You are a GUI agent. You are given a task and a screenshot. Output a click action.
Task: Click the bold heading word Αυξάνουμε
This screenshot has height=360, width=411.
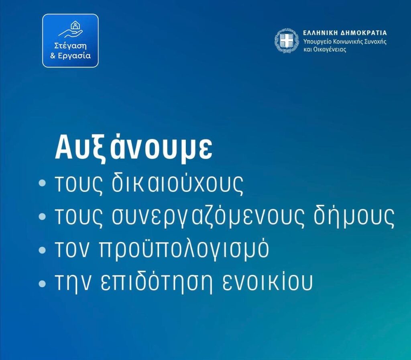pyautogui.click(x=133, y=149)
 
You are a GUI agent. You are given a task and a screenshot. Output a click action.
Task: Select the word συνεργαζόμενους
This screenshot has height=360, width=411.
pyautogui.click(x=206, y=217)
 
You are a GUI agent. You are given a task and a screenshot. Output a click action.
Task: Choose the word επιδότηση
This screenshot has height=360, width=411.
pyautogui.click(x=157, y=282)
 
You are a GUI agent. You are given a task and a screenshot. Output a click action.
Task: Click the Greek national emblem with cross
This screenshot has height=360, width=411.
pyautogui.click(x=287, y=41)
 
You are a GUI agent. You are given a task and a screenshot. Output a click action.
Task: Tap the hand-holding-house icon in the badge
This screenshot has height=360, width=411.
pyautogui.click(x=71, y=29)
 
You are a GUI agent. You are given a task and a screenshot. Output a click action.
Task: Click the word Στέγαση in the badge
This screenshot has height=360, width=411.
pyautogui.click(x=70, y=46)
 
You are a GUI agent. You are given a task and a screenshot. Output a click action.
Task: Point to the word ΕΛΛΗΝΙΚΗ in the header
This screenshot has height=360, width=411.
pyautogui.click(x=320, y=33)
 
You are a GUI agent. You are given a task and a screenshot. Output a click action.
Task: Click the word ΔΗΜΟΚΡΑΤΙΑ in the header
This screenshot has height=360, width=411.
pyautogui.click(x=363, y=33)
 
